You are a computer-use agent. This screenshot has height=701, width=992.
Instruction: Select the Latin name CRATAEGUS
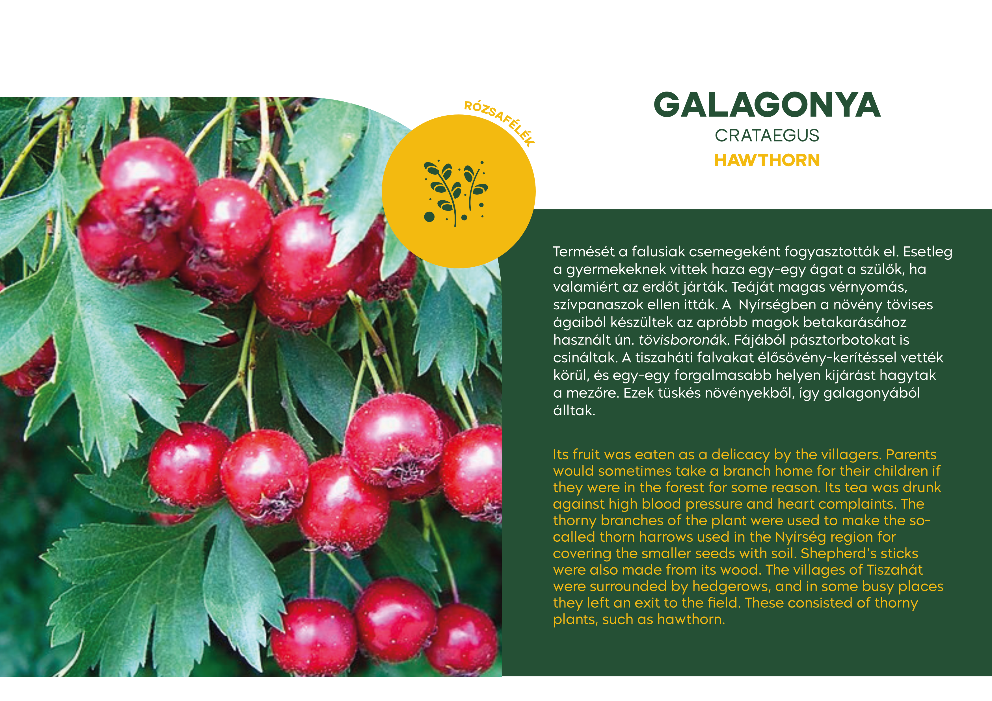[x=767, y=136]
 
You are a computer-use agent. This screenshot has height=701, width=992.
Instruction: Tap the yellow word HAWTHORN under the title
[x=767, y=160]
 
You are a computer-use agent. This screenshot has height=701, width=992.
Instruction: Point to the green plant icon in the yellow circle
[x=456, y=193]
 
